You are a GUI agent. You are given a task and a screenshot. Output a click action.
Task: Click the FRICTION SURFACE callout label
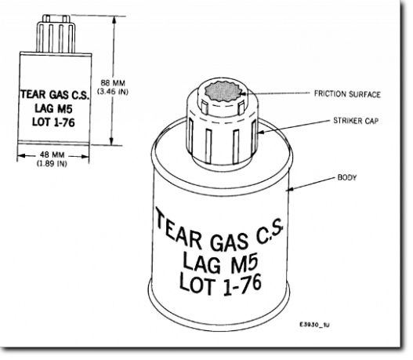point(347,94)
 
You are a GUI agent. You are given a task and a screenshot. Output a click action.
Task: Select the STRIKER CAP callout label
point(356,121)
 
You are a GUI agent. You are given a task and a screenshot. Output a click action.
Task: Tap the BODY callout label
point(347,177)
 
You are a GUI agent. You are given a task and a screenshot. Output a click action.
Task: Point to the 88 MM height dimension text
point(113,83)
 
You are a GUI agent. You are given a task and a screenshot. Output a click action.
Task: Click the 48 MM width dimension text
point(52,155)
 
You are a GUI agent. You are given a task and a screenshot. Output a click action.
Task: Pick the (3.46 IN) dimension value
point(113,92)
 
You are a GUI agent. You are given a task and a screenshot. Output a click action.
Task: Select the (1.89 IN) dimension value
point(52,163)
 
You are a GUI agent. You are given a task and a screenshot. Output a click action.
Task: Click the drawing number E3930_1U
point(314,325)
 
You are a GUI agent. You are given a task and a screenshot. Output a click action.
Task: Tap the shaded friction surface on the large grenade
point(223,92)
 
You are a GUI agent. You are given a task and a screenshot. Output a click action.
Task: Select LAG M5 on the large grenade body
point(220,263)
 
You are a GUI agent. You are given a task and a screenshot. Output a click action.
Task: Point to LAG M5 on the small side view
point(53,108)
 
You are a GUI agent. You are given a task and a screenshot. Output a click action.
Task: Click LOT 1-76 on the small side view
point(53,122)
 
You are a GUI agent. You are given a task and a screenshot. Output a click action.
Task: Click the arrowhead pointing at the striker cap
point(259,132)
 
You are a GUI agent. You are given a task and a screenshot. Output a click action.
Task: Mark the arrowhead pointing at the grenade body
point(290,189)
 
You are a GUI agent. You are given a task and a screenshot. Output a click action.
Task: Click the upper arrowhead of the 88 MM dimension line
point(114,19)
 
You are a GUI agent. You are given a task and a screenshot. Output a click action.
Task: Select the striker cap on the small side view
point(56,34)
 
